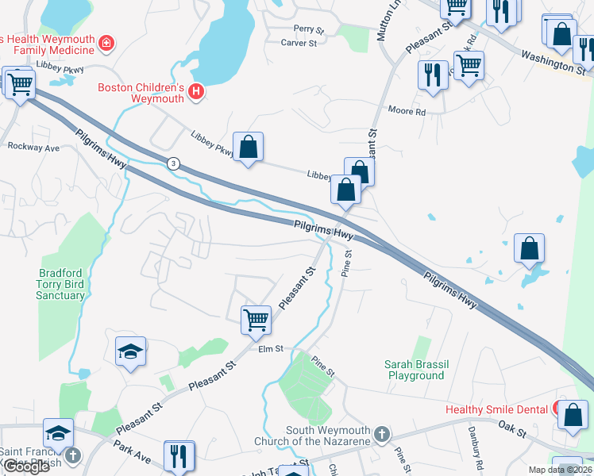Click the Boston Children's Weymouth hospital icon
point(196,94)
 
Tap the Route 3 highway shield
point(173,163)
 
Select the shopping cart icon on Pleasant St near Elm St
point(256,320)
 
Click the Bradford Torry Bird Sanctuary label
point(61,284)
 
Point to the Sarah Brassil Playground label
point(417,370)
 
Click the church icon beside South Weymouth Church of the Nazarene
point(382,434)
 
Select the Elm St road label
point(270,348)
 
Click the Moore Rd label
point(407,111)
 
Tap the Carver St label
point(299,43)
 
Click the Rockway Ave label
point(33,148)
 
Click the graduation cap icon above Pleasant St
point(131,351)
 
